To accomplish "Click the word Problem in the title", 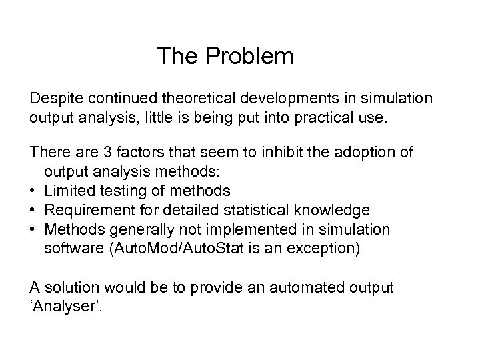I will coord(249,57).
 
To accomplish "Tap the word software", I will coord(71,249).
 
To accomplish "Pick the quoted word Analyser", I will coord(61,307).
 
